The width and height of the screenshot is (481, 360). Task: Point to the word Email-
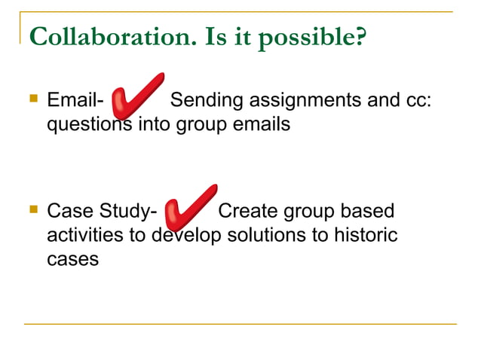click(75, 99)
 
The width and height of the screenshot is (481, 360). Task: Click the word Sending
click(204, 99)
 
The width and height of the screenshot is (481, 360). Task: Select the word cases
click(72, 260)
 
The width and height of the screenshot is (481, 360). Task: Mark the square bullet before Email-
click(32, 98)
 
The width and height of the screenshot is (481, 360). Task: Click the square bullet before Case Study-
click(32, 209)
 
